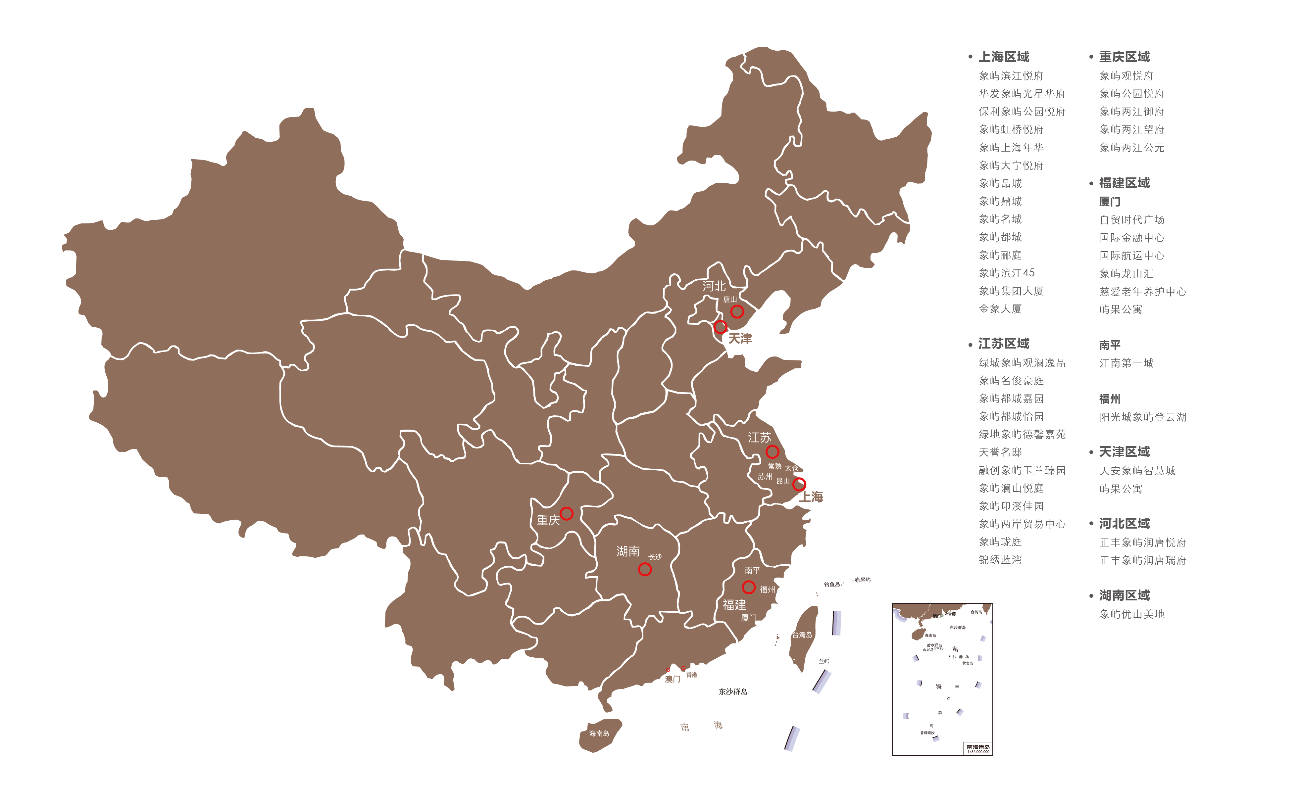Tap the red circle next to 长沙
(644, 569)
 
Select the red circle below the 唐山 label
(737, 312)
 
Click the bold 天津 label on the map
(740, 339)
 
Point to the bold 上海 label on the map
(811, 497)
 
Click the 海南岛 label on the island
(599, 733)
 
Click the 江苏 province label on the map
(759, 438)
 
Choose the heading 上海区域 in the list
(1003, 57)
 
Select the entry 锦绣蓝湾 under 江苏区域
(1000, 560)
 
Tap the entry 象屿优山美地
(1131, 614)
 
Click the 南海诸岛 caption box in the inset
(977, 748)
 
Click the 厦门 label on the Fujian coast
(748, 618)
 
